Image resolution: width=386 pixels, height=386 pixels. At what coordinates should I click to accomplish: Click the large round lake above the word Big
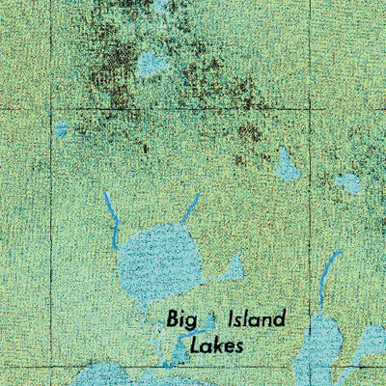(160, 258)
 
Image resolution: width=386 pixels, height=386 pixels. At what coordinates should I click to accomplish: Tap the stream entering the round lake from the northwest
(112, 218)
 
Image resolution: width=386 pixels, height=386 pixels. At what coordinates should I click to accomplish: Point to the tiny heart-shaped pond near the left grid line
(62, 129)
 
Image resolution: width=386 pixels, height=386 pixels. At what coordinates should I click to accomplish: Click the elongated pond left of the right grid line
(288, 168)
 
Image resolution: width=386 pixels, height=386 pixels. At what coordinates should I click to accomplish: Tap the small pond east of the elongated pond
(348, 181)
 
